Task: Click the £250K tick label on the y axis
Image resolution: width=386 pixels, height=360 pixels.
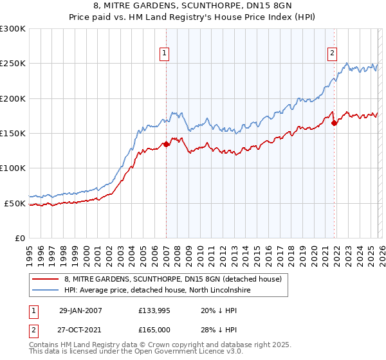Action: tap(12, 64)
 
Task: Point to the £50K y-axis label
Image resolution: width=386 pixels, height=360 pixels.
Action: tap(15, 203)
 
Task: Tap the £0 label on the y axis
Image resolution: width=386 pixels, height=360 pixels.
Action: tap(21, 238)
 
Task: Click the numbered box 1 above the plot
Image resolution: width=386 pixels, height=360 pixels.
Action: tap(165, 54)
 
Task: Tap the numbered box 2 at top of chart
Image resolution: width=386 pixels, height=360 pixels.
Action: tap(333, 54)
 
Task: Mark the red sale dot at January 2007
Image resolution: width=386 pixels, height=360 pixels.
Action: tap(166, 144)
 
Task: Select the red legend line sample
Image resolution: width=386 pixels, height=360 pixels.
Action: tap(46, 280)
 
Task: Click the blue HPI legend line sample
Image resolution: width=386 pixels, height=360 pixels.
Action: tap(46, 291)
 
